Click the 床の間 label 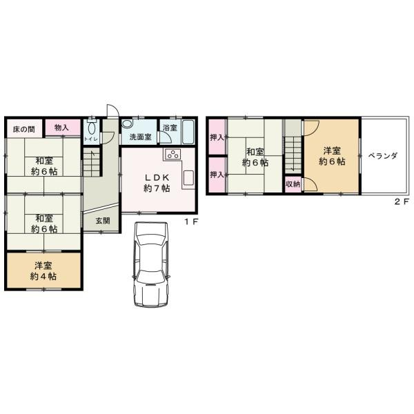coord(23,129)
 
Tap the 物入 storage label coord(61,128)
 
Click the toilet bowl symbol coord(91,128)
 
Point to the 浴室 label coord(170,128)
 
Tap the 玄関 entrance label coord(103,221)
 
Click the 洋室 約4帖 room coord(43,270)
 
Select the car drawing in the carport coord(150,266)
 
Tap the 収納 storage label coord(293,184)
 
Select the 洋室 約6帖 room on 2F coord(330,156)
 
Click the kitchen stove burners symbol coord(172,153)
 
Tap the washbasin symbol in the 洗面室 coord(127,125)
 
